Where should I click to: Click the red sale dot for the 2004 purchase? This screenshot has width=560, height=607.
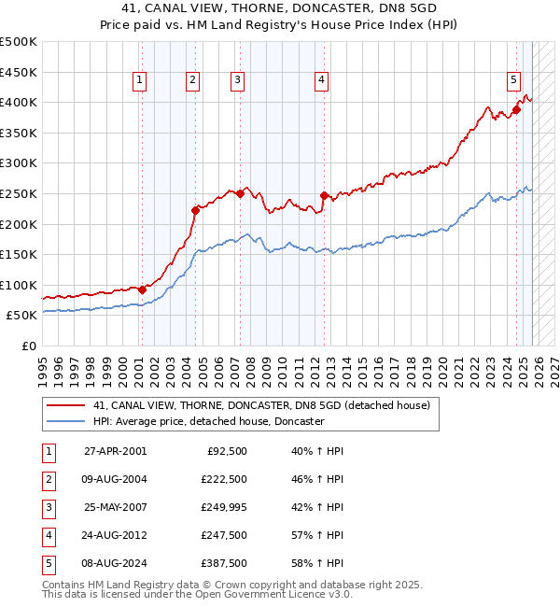point(195,210)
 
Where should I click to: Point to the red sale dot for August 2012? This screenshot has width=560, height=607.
point(324,195)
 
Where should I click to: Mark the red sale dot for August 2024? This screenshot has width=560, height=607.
point(516,109)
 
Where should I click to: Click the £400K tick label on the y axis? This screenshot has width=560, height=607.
point(18,102)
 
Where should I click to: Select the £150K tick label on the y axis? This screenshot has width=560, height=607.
point(18,254)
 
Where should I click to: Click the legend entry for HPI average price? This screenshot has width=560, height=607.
point(208,421)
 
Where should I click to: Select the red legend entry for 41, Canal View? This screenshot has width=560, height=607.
point(261,405)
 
